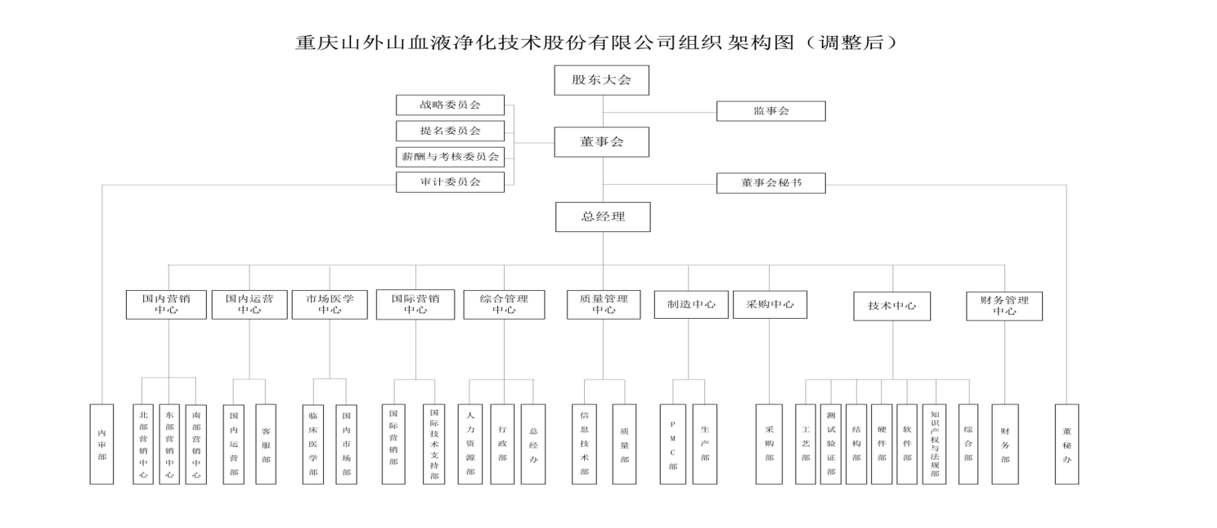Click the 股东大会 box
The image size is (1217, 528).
pos(602,80)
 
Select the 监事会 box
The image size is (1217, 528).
pos(770,111)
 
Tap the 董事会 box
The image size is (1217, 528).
pos(602,142)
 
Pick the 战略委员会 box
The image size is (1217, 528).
pos(450,105)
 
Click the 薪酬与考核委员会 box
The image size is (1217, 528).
pos(450,156)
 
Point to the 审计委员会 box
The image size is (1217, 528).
pos(450,182)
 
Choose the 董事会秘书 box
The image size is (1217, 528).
pos(770,183)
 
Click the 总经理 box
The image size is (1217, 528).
pos(603,217)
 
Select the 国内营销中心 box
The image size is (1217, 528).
pos(166,305)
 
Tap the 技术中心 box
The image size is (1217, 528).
pos(891,306)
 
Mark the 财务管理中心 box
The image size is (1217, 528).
pos(1004,305)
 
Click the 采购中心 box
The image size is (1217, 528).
pos(770,305)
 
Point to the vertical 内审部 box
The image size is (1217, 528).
pos(101,444)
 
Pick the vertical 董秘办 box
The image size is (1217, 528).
pos(1067,444)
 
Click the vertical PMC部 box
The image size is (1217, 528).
pos(672,444)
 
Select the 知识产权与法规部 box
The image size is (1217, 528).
pos(934,444)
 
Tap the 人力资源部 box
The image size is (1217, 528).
pos(469,444)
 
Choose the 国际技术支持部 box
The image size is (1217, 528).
pos(434,444)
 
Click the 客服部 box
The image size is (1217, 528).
pos(266,444)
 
